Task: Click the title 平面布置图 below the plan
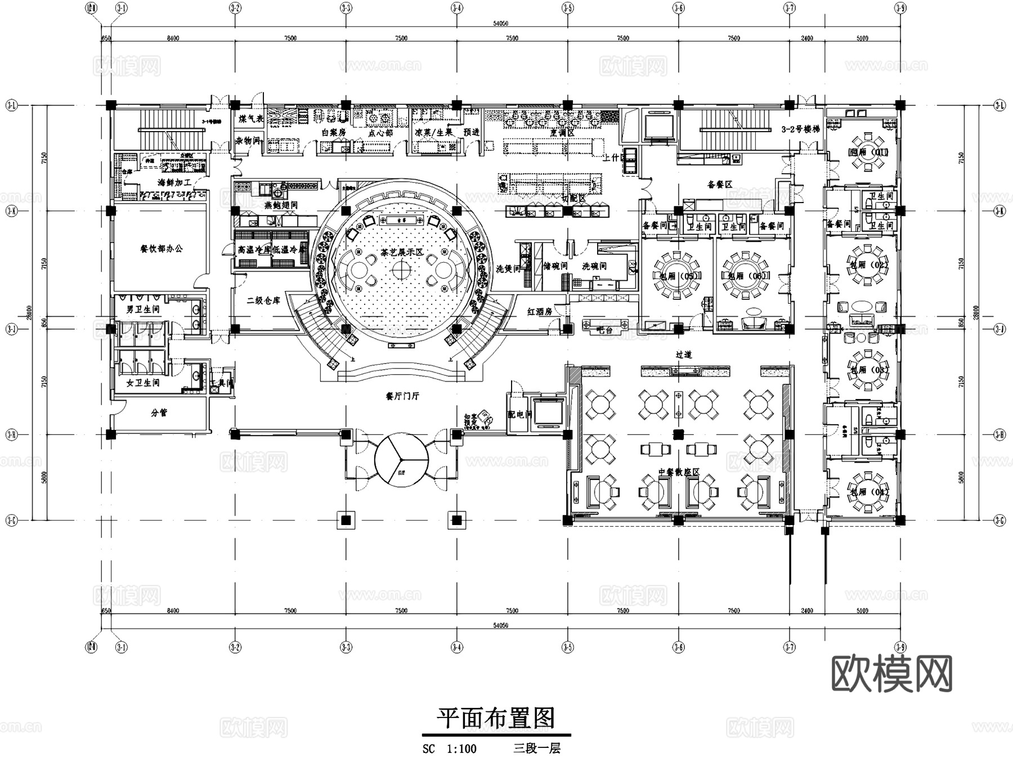(496, 718)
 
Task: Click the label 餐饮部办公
(162, 249)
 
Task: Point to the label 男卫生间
(142, 310)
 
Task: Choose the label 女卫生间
(142, 383)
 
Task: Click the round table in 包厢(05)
(678, 275)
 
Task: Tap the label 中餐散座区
(678, 472)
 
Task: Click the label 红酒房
(539, 311)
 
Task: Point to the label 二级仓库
(263, 301)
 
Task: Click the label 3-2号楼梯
(800, 129)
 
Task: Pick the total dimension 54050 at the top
(500, 24)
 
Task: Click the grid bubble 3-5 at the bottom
(568, 648)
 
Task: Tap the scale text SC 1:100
(450, 749)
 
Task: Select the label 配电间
(519, 415)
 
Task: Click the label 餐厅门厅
(402, 396)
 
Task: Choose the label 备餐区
(719, 184)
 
